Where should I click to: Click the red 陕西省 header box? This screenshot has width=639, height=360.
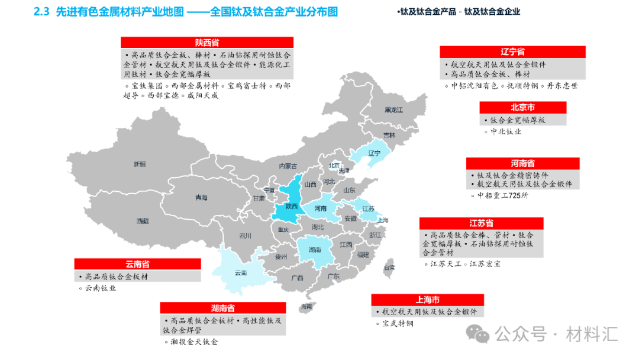pyautogui.click(x=207, y=42)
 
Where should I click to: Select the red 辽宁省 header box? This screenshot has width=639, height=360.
pyautogui.click(x=512, y=52)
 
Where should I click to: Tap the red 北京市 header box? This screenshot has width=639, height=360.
pyautogui.click(x=522, y=108)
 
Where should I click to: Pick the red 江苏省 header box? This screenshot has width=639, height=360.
pyautogui.click(x=481, y=223)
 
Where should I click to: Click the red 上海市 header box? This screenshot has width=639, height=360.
pyautogui.click(x=427, y=300)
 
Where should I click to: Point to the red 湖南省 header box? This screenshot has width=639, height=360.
pyautogui.click(x=223, y=308)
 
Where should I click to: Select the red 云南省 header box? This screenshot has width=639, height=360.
pyautogui.click(x=137, y=264)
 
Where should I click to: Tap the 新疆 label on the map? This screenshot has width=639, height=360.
pyautogui.click(x=140, y=164)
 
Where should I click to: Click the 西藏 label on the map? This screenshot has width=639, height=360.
pyautogui.click(x=142, y=221)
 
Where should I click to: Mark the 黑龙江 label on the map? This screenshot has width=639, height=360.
pyautogui.click(x=393, y=110)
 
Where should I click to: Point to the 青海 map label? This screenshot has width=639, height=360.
pyautogui.click(x=201, y=198)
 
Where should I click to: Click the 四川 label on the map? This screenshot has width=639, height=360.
pyautogui.click(x=245, y=236)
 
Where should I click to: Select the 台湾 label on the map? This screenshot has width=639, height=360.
pyautogui.click(x=389, y=268)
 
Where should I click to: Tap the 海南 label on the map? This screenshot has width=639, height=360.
pyautogui.click(x=306, y=306)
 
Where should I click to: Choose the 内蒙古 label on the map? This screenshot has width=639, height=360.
pyautogui.click(x=288, y=166)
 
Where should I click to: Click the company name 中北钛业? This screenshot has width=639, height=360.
pyautogui.click(x=506, y=131)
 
